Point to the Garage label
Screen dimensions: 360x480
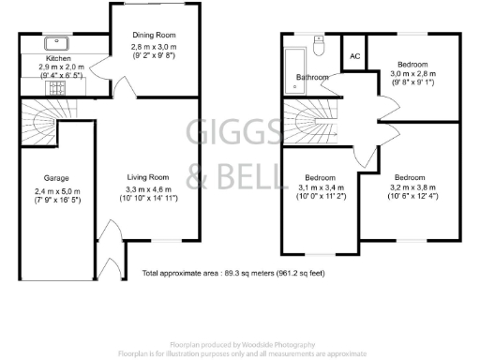pyautogui.click(x=57, y=177)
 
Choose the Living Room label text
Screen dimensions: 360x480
pyautogui.click(x=148, y=177)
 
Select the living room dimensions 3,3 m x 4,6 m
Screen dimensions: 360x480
pyautogui.click(x=148, y=189)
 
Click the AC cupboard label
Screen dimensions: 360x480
pyautogui.click(x=354, y=56)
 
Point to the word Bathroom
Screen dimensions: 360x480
pyautogui.click(x=312, y=77)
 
